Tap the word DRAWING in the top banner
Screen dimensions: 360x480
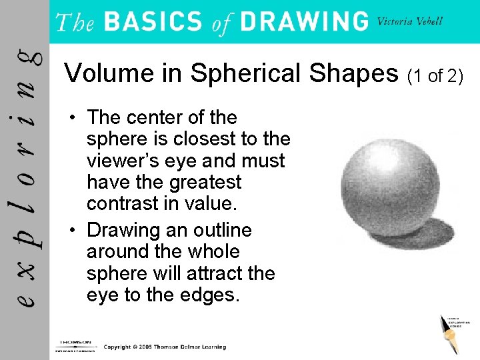[303, 22]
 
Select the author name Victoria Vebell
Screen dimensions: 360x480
[409, 21]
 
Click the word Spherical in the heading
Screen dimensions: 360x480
[245, 73]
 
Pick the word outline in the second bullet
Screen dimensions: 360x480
[219, 231]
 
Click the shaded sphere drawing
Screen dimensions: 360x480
[390, 180]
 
